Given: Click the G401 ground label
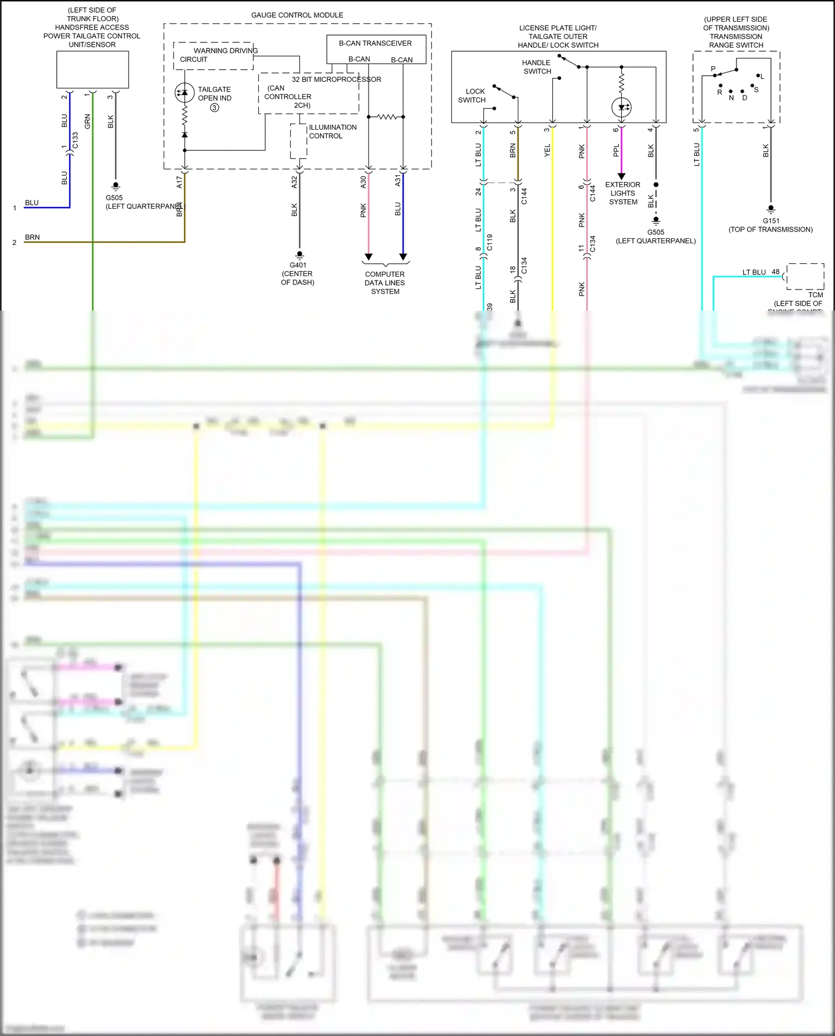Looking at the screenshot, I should [298, 265].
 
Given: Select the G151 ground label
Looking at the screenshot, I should [770, 220].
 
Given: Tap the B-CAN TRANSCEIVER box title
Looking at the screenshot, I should [375, 43].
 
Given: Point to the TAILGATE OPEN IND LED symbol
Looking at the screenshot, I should [184, 92].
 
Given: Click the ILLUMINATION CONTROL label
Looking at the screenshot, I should [332, 131].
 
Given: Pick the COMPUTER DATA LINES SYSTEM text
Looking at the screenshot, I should [385, 282].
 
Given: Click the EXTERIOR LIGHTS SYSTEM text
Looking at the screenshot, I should [622, 193].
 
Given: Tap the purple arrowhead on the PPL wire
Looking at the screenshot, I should [621, 176].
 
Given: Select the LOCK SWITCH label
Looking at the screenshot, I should [473, 95].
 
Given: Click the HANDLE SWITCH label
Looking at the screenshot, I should [537, 67].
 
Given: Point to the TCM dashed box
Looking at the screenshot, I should [805, 276].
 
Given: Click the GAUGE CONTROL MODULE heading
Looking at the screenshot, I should [297, 15].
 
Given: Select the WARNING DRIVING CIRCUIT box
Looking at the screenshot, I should [213, 56].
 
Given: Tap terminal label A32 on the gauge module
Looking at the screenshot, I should [294, 181].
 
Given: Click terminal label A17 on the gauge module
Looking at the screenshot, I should [179, 181].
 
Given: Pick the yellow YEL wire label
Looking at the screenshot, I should [547, 150].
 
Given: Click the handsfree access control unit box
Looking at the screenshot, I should [92, 70].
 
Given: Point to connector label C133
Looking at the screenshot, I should [75, 140].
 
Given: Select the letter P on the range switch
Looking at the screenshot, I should [713, 69].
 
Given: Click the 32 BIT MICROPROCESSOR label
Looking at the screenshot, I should [336, 80].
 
